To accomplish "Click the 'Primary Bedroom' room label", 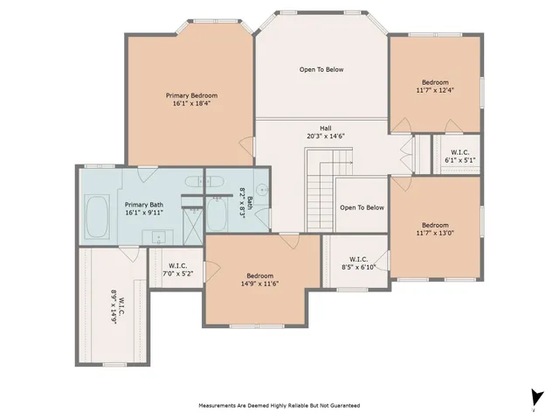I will pyautogui.click(x=191, y=95).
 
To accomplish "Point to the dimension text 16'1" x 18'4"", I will pyautogui.click(x=191, y=103).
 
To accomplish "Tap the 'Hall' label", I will pyautogui.click(x=324, y=128).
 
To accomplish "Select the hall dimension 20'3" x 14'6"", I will pyautogui.click(x=324, y=136).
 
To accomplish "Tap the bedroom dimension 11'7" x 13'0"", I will pyautogui.click(x=435, y=233).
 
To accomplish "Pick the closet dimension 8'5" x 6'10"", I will pyautogui.click(x=358, y=267).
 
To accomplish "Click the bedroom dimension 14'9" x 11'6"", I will pyautogui.click(x=259, y=283).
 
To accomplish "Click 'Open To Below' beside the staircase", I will pyautogui.click(x=362, y=207).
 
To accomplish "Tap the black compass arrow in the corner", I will pyautogui.click(x=534, y=396).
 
